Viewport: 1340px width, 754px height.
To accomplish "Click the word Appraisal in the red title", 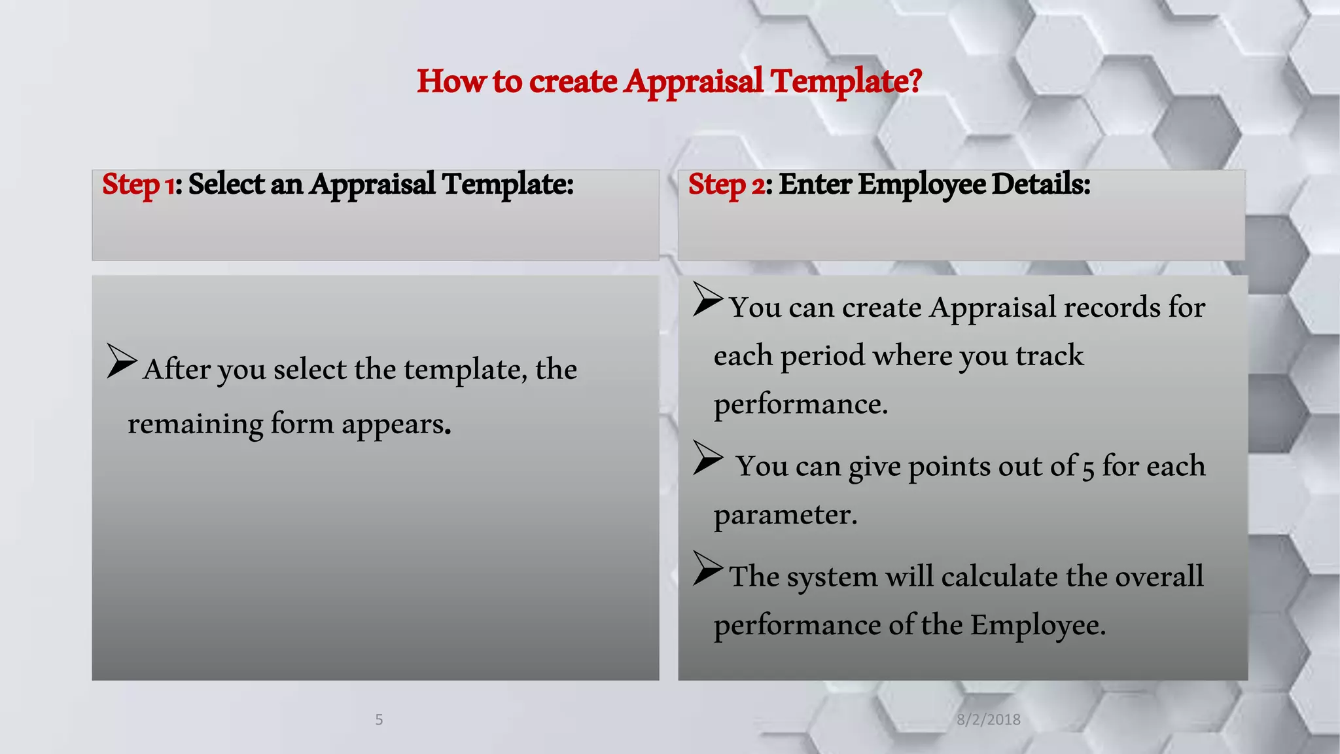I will click(x=694, y=82).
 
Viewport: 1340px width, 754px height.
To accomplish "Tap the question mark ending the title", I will click(x=915, y=81).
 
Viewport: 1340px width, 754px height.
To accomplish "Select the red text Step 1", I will click(x=138, y=185).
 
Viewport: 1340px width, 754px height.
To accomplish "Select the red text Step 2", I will click(x=726, y=185).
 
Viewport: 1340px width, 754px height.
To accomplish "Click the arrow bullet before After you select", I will click(x=122, y=361).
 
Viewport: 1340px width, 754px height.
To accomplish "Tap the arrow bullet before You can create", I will click(x=708, y=300).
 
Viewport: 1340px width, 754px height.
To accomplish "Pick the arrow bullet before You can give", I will click(x=708, y=458).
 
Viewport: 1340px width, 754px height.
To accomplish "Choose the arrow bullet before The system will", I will click(x=708, y=568).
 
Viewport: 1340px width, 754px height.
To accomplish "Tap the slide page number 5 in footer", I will click(x=379, y=720).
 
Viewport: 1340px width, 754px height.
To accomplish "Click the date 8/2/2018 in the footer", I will click(x=988, y=720).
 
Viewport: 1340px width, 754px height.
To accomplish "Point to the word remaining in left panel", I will click(x=195, y=424).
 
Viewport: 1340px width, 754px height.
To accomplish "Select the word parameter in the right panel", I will click(x=784, y=515).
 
